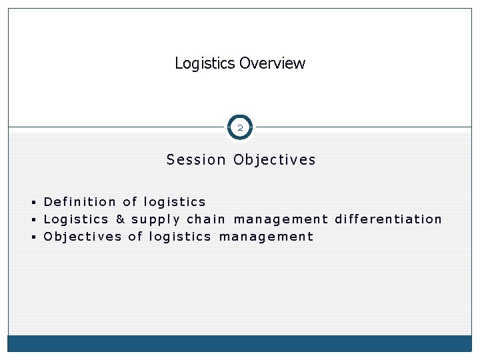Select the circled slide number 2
point(240,127)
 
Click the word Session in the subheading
point(197,160)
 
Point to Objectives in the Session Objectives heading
point(275,160)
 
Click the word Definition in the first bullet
point(79,201)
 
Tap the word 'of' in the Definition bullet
point(130,201)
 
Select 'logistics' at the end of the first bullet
point(175,202)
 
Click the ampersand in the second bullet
point(120,219)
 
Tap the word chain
point(206,219)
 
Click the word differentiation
point(388,219)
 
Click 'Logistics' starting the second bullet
point(75,219)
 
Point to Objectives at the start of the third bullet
point(83,237)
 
